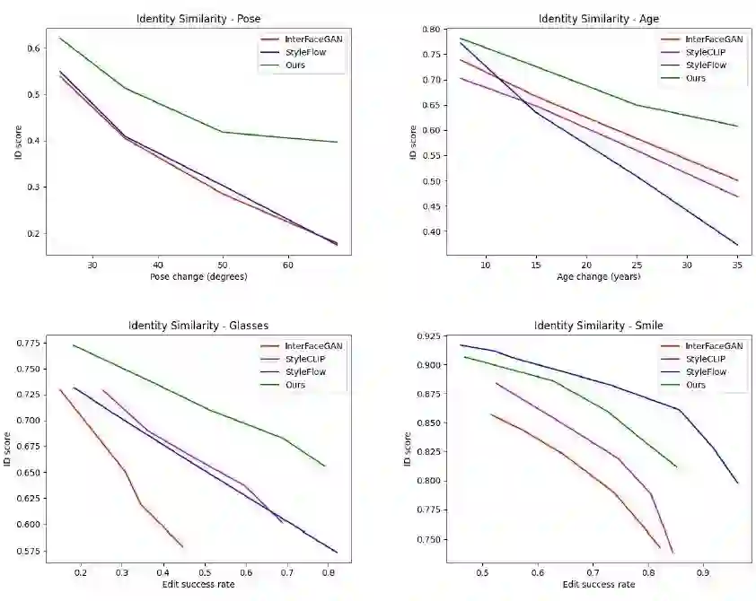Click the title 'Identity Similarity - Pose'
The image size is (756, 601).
point(198,18)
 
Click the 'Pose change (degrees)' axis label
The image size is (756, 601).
point(198,276)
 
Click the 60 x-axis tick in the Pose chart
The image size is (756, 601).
point(287,264)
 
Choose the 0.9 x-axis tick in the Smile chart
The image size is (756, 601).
point(702,571)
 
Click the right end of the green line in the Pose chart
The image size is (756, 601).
point(338,142)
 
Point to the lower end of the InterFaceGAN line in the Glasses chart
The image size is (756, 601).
point(182,546)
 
